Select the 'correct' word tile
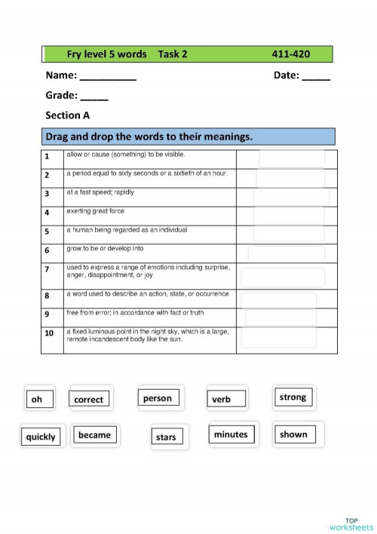pyautogui.click(x=90, y=399)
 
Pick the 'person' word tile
pyautogui.click(x=158, y=397)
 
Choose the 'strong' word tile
pyautogui.click(x=293, y=397)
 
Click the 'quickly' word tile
pyautogui.click(x=41, y=436)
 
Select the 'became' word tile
pyautogui.click(x=95, y=434)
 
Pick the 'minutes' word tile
pyautogui.click(x=231, y=434)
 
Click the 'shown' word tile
pyautogui.click(x=294, y=434)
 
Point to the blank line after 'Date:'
pyautogui.click(x=316, y=76)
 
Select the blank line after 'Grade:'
pyautogui.click(x=94, y=97)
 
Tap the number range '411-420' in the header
pyautogui.click(x=291, y=54)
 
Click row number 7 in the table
pyautogui.click(x=47, y=269)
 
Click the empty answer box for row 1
pyautogui.click(x=292, y=158)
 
